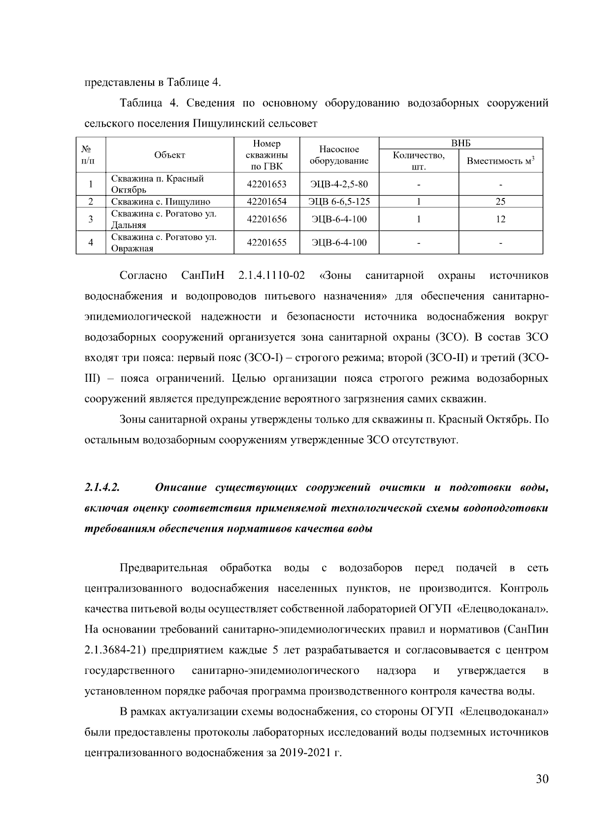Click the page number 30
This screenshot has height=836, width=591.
[542, 779]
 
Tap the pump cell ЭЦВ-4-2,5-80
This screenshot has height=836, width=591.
[339, 185]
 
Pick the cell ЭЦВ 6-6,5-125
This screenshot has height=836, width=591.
[339, 201]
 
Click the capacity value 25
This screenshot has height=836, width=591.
[500, 201]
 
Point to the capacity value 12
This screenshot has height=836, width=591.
[500, 219]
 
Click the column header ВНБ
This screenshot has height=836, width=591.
[461, 143]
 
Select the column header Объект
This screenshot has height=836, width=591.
[169, 155]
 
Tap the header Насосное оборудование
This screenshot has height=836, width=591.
[339, 155]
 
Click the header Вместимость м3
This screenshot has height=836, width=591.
[500, 161]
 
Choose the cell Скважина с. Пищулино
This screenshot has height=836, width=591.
[161, 201]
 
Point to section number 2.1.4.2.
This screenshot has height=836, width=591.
[103, 488]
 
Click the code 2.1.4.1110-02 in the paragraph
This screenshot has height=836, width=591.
[271, 275]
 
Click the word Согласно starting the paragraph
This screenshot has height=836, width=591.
[144, 275]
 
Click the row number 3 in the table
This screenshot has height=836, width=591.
[91, 219]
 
